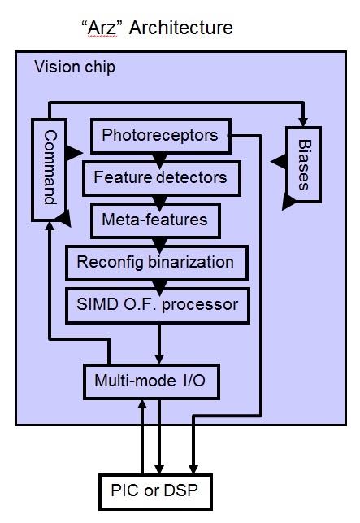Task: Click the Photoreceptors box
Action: coord(161,136)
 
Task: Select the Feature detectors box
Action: coord(162,178)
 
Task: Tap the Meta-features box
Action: coord(155,220)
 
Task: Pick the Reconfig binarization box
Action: coord(157,263)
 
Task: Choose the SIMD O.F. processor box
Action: coord(158,305)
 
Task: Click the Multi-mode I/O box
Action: coord(151,381)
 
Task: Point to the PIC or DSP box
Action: coord(155,491)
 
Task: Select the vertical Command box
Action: coord(50,169)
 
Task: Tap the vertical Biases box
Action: coord(303,164)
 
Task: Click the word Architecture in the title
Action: coord(181,28)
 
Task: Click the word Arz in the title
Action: coord(102,28)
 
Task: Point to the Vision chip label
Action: coord(75,67)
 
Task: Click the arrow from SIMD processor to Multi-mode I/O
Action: coord(159,344)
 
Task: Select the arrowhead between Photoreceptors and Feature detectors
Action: coord(159,160)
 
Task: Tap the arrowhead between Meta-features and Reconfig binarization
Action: coord(159,245)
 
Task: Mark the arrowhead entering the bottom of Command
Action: coord(50,226)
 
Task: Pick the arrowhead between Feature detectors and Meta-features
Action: coord(159,203)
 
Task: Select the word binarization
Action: coord(191,262)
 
